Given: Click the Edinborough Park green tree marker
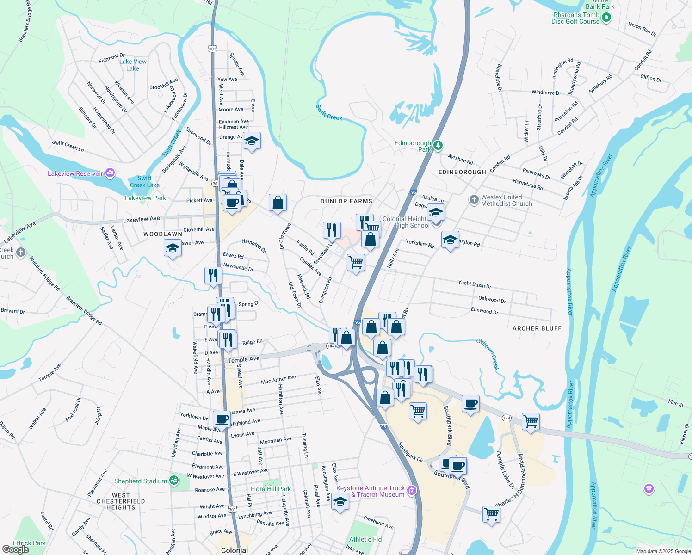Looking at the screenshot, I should pos(438,146).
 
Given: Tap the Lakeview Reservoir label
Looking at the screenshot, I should pos(75,173).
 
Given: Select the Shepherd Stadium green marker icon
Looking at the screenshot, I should pos(173,481).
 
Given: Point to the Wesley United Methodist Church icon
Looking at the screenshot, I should pos(474,200).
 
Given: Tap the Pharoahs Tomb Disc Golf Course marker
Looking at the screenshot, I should pos(607,18).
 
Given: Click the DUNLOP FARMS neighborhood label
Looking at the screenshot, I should pos(346,201).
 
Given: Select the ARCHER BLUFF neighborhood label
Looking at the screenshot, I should pos(537,328).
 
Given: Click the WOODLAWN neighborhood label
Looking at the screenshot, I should pos(163,234).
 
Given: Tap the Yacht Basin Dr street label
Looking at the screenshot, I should pos(475,284).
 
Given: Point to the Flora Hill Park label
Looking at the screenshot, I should pos(271,489).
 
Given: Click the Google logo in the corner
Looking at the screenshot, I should pos(15,549).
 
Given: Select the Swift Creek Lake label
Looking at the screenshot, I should pos(145,181).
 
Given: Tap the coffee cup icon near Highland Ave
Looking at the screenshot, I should pos(222,419).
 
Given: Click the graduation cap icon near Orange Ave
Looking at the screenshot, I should pos(252,141).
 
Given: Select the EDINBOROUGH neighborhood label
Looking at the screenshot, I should pos(462,172).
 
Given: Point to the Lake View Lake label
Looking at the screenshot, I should pos(133,65).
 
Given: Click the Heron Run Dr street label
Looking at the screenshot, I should pos(642,29).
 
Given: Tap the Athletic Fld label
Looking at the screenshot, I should pos(365,539).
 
